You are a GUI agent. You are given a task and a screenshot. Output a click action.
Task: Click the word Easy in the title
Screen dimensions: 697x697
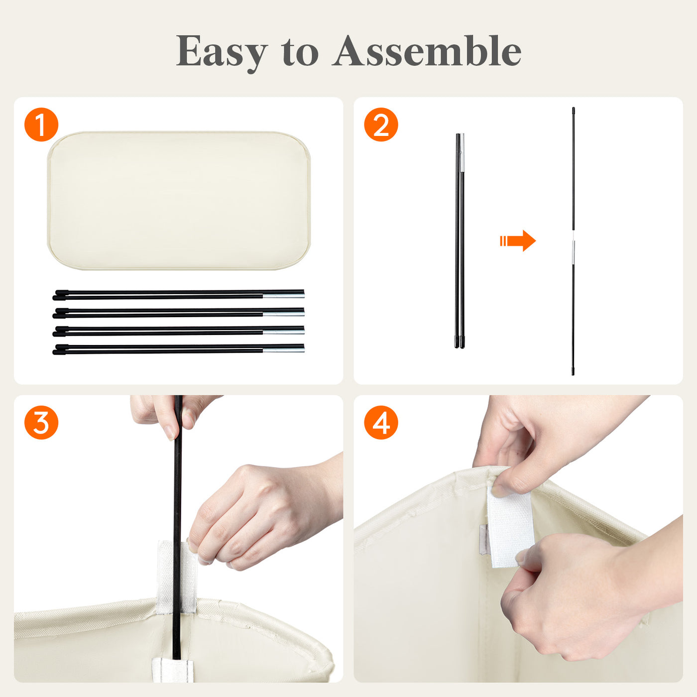coord(222,52)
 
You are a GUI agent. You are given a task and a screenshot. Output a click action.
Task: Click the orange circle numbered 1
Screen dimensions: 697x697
coord(41,124)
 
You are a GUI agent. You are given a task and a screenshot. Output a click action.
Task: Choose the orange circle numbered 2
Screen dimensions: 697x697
coord(381,124)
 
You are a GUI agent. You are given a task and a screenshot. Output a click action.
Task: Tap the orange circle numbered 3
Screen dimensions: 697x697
coord(41,423)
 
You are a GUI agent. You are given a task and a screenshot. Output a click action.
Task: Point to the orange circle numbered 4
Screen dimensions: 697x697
coord(381,423)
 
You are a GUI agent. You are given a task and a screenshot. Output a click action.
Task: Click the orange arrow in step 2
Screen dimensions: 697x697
coord(518,240)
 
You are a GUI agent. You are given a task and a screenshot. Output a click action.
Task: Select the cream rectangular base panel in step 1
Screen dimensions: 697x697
coord(179,200)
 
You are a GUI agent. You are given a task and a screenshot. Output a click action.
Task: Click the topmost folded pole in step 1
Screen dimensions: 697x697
coord(178,295)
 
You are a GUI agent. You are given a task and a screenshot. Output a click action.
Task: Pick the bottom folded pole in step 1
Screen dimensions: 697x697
coord(178,349)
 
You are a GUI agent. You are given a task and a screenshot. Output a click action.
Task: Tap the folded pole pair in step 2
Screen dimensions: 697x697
coord(460,241)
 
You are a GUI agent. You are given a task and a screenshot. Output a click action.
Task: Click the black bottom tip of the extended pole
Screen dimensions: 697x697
coord(573,371)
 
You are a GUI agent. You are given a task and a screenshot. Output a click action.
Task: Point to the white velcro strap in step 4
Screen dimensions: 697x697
coord(510,526)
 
